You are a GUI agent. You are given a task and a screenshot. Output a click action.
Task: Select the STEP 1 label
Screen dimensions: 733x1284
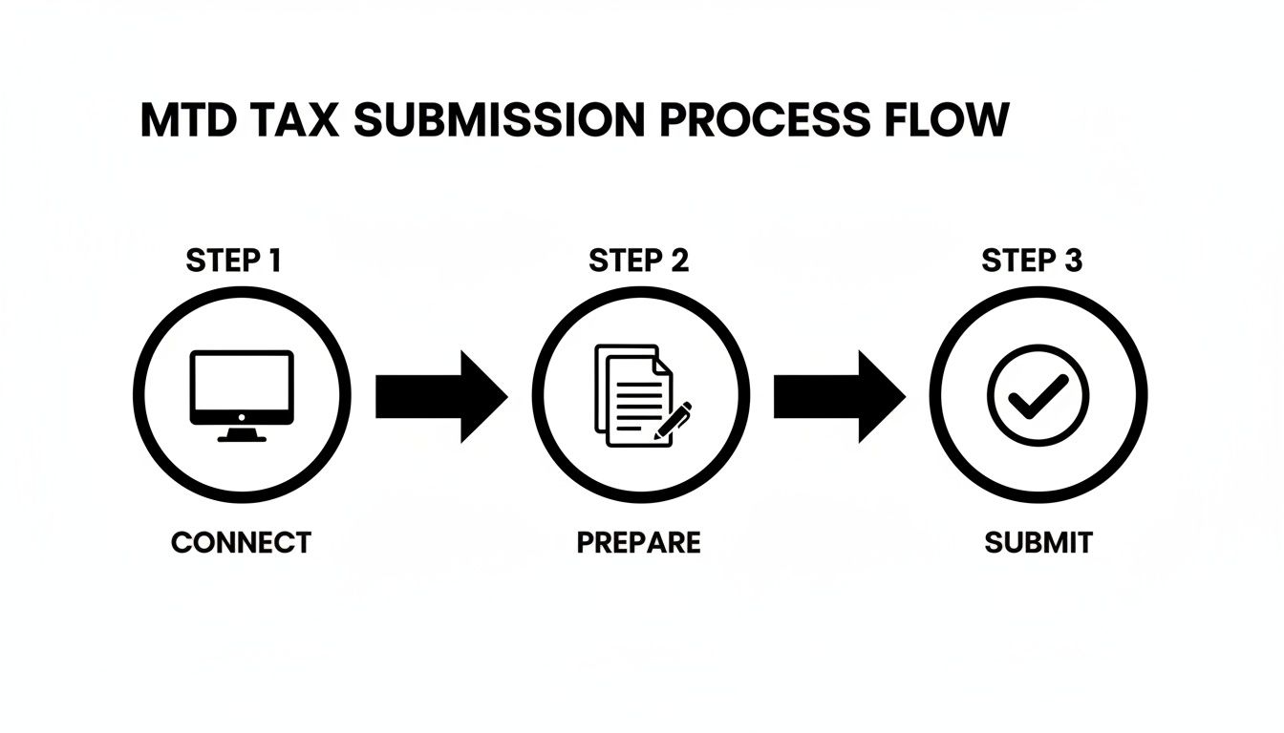tap(234, 261)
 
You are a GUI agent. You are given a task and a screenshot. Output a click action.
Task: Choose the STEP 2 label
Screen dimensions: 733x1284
tap(639, 261)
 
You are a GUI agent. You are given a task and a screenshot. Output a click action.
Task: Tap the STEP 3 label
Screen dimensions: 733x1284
tap(1033, 261)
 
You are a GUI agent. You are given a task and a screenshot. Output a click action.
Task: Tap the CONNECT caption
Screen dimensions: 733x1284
tap(241, 543)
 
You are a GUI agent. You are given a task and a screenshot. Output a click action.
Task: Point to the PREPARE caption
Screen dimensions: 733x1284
tap(638, 543)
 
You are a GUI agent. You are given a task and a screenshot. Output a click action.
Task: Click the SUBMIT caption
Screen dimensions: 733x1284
tap(1038, 543)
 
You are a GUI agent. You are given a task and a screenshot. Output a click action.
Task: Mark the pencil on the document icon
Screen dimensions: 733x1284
tap(674, 421)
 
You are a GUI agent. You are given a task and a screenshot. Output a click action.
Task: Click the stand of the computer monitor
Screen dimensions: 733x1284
tap(242, 434)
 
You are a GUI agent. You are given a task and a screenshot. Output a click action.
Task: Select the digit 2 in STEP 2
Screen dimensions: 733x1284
tap(677, 261)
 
